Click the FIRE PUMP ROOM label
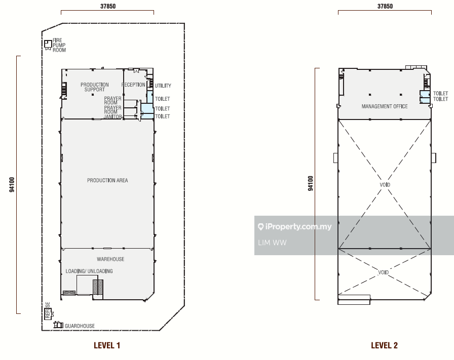point(59,45)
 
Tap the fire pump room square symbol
point(48,44)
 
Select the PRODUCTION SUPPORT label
point(95,87)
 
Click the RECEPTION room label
point(133,85)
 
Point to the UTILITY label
point(163,86)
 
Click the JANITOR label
point(112,116)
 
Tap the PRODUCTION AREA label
point(107,180)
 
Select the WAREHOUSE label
point(110,259)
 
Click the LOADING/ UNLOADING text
point(89,271)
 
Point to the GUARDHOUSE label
point(80,326)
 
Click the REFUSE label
point(48,310)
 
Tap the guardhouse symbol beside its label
point(58,325)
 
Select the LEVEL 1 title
point(107,345)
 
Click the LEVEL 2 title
point(384,345)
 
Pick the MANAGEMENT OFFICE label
point(385,106)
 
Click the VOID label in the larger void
point(385,185)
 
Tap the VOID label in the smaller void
point(384,272)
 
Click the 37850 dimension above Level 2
point(385,6)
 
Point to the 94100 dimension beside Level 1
point(12,185)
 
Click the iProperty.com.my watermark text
point(295,227)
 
